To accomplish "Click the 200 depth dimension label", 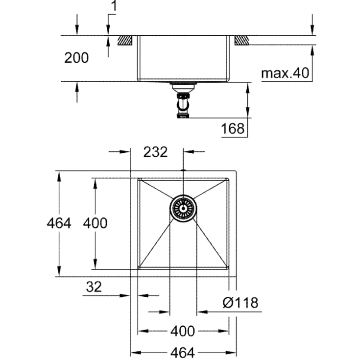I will coord(77,58).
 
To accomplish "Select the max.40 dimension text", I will coord(285,73).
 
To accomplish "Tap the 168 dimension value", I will coord(233,128).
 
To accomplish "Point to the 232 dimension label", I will coord(155,152).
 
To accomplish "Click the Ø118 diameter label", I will coord(240,303).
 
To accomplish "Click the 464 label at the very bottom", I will coord(183,352).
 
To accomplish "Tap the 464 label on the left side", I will coord(59,223).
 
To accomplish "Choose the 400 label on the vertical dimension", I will coord(95,223).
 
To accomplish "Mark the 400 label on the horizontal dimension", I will coord(183,331).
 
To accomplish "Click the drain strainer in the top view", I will coord(183,208).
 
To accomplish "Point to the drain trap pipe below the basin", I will coord(183,103).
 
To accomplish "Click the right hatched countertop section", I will coord(241,40).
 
